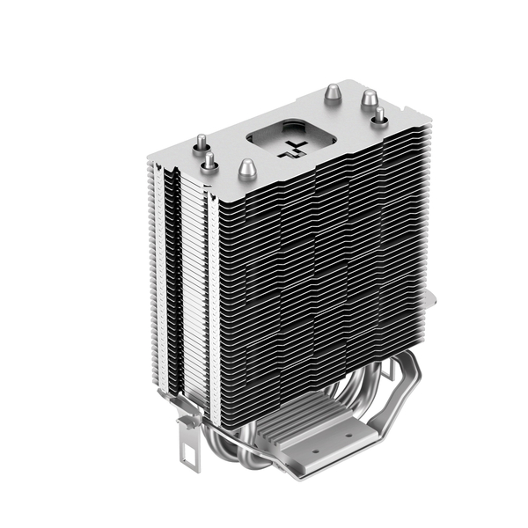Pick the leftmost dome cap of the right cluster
pos(333,94)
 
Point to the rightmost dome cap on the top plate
pos(379,115)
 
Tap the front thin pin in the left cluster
pos(211,161)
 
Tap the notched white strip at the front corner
pos(211,290)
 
